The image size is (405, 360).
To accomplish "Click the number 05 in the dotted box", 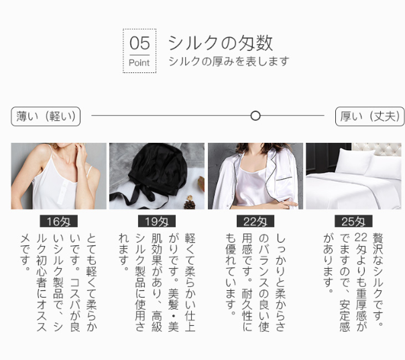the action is tap(139, 43).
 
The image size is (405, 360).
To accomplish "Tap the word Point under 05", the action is tap(139, 63).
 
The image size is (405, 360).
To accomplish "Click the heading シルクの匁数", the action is tap(221, 43).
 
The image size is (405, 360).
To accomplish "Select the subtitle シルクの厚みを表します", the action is tap(229, 62).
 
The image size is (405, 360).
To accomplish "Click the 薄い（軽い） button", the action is tap(46, 117).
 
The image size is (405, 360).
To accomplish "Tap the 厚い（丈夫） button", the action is tap(370, 117).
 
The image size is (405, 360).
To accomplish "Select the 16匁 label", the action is tap(58, 221).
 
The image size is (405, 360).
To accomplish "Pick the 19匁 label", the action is tap(157, 221).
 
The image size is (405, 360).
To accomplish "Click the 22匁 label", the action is tap(255, 221).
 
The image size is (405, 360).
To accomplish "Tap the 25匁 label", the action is tap(353, 221).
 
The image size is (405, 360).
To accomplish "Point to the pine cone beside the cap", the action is tap(190, 202).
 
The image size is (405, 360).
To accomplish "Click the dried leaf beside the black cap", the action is tap(201, 183).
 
